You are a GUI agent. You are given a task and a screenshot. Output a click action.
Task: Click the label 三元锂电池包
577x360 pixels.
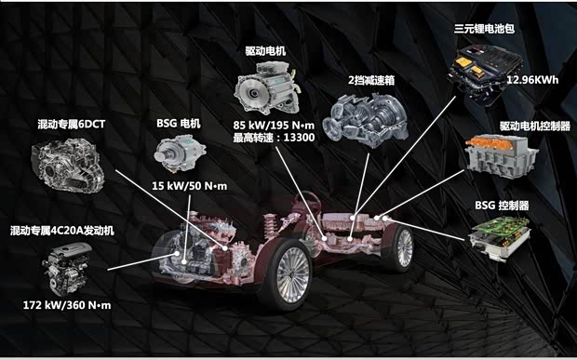(x=484, y=29)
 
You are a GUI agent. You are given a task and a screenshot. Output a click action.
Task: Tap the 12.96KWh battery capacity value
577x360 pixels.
(x=532, y=80)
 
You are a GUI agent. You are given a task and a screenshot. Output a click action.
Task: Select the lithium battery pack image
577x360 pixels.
(x=484, y=73)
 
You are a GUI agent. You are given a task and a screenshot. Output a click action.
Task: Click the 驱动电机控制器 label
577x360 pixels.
(x=535, y=127)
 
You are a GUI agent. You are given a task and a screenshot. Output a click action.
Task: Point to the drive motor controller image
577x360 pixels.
(x=502, y=156)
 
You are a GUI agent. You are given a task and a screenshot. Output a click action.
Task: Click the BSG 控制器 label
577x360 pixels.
(x=502, y=205)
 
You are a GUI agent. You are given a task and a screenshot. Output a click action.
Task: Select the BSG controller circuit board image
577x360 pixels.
(x=501, y=238)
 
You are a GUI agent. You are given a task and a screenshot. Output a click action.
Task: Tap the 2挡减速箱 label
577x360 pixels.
(x=371, y=80)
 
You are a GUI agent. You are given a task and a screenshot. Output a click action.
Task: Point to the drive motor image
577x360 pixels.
(x=265, y=88)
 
